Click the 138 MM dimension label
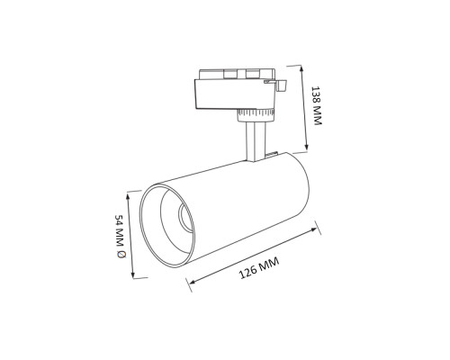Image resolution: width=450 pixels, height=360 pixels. [x=316, y=105]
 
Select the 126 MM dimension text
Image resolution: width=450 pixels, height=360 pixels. [x=259, y=268]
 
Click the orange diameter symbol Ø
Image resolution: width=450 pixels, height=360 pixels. [x=121, y=255]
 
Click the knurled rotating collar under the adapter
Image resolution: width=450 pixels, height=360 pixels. [x=255, y=114]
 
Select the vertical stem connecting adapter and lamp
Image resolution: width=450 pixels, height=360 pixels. [x=256, y=141]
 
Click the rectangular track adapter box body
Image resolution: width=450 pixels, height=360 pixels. [x=235, y=94]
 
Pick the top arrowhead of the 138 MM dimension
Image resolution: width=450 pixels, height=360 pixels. [x=301, y=69]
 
